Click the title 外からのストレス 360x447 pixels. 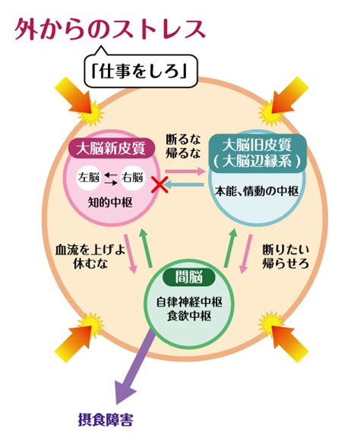click(110, 30)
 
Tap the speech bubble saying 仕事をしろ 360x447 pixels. click(141, 71)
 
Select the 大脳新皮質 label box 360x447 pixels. click(111, 148)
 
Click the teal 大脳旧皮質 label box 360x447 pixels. click(257, 153)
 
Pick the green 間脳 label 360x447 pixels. click(188, 277)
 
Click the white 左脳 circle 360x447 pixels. click(89, 178)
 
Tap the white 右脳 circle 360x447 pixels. click(132, 178)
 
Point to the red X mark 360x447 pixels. click(159, 184)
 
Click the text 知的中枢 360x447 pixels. click(110, 203)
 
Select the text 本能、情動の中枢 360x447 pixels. click(257, 191)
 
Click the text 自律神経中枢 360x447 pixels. click(189, 302)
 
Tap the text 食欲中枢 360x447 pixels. click(189, 316)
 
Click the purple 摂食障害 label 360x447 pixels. click(106, 420)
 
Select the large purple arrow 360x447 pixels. click(135, 369)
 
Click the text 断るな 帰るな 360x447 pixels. click(184, 146)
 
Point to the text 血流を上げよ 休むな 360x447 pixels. click(90, 257)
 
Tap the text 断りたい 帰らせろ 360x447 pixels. click(286, 257)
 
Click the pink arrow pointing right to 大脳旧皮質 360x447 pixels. click(185, 171)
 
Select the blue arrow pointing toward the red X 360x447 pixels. click(185, 184)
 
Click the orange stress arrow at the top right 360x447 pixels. click(286, 95)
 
